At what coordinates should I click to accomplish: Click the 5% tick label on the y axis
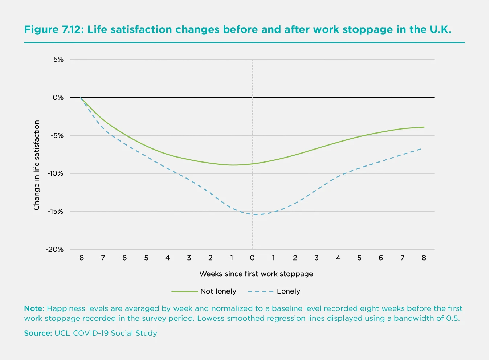(x=58, y=60)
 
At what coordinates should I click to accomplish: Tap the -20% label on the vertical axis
(x=54, y=250)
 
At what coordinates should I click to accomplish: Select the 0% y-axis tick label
(x=58, y=98)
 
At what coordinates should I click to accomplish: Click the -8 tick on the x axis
(x=80, y=258)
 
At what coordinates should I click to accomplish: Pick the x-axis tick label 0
(x=252, y=258)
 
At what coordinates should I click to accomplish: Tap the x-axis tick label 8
(x=424, y=258)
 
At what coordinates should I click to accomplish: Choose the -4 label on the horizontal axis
(x=166, y=258)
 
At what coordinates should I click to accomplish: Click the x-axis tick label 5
(x=359, y=258)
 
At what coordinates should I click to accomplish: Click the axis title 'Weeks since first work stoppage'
(x=256, y=274)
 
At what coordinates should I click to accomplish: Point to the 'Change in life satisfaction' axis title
(x=36, y=165)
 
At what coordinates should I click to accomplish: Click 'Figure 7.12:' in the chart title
(x=54, y=29)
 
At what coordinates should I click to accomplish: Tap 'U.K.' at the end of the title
(x=441, y=29)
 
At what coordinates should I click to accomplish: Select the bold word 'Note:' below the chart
(x=34, y=309)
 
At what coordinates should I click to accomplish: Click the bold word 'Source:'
(x=38, y=333)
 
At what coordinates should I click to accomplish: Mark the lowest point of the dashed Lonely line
(x=256, y=214)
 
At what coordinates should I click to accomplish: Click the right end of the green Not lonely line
(x=424, y=127)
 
